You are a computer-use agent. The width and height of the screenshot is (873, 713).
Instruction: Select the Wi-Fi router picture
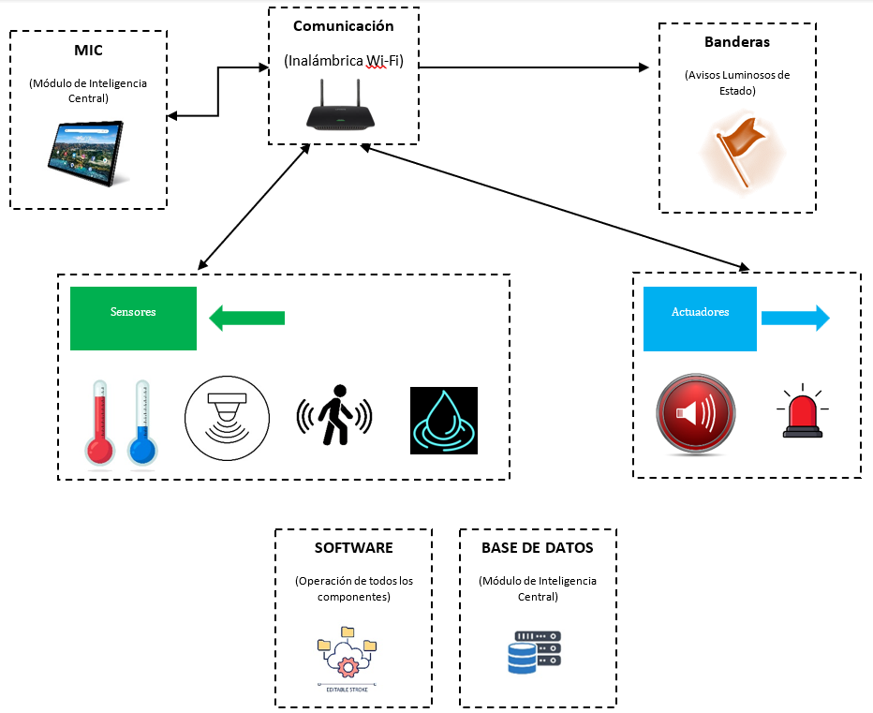click(x=342, y=109)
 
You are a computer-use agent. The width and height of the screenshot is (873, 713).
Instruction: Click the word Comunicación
click(x=343, y=26)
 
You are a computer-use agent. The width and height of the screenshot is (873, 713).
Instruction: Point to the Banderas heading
click(x=737, y=43)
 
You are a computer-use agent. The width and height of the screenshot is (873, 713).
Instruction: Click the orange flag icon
click(x=740, y=149)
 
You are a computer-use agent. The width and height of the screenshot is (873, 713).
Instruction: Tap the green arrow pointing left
click(x=245, y=318)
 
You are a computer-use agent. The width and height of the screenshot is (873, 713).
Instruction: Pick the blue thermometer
click(x=141, y=423)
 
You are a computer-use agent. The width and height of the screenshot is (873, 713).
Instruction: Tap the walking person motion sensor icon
click(x=333, y=415)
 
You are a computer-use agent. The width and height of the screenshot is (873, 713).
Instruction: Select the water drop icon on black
click(x=444, y=421)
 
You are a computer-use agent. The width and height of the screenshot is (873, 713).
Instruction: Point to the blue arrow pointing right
click(x=795, y=319)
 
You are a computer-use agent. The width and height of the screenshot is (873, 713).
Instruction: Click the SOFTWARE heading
click(x=353, y=548)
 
